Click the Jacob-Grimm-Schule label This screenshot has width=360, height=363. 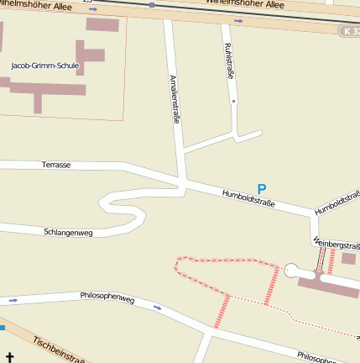coord(45,65)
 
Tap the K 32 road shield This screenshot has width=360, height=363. coord(350,30)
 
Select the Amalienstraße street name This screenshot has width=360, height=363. coord(175,99)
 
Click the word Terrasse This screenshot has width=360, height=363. coord(56,165)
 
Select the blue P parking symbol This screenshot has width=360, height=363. coord(262,190)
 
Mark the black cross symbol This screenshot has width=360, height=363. coord(10,357)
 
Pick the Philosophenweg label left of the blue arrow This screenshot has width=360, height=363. coord(107,297)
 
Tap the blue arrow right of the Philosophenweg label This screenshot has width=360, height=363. coord(157,308)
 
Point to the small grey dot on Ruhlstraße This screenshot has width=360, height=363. coord(234,101)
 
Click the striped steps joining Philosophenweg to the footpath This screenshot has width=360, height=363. coord(222,311)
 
